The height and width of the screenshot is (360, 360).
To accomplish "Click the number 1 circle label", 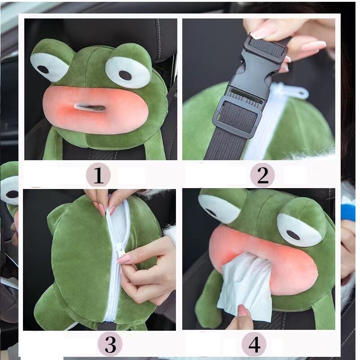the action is [99, 175].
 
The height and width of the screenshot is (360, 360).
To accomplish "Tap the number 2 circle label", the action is [262, 175].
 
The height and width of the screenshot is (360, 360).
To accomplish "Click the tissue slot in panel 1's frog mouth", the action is [90, 108].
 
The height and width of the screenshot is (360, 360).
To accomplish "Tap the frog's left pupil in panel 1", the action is [43, 70].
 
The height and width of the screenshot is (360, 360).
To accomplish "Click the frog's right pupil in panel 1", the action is [126, 75].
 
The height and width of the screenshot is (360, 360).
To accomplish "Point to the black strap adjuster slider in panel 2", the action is [238, 117].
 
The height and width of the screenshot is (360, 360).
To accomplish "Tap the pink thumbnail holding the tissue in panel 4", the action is [242, 310].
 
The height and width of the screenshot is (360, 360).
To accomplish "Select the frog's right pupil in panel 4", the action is [293, 235].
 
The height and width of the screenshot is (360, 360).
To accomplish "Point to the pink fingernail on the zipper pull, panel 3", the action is [124, 260].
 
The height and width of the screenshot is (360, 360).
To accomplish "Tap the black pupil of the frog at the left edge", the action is [12, 194].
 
